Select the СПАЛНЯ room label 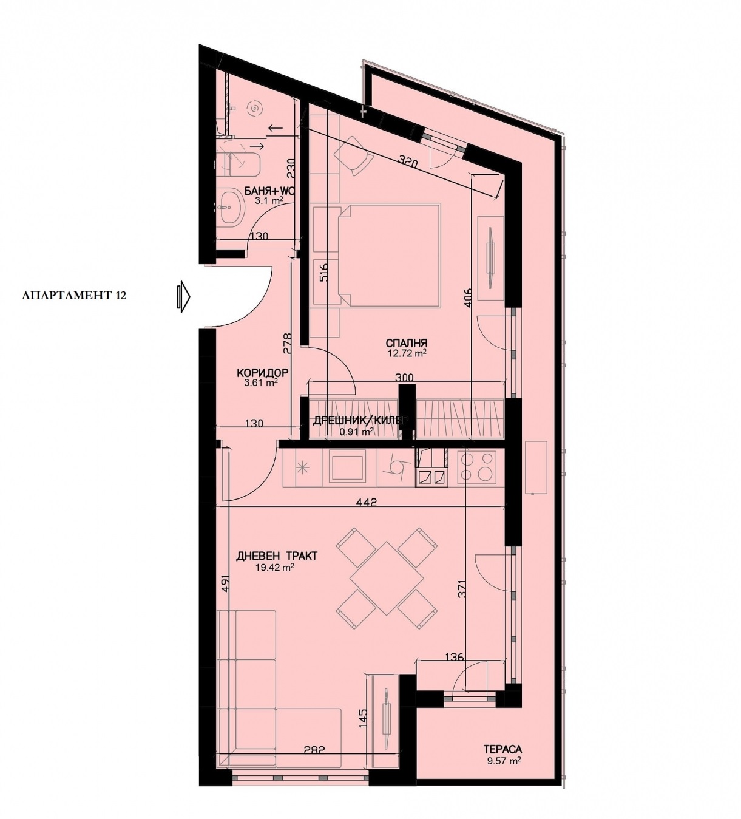pyautogui.click(x=406, y=343)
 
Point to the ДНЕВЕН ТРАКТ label pyautogui.click(x=277, y=556)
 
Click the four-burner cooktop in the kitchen pyautogui.click(x=477, y=467)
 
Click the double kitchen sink pyautogui.click(x=431, y=477)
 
